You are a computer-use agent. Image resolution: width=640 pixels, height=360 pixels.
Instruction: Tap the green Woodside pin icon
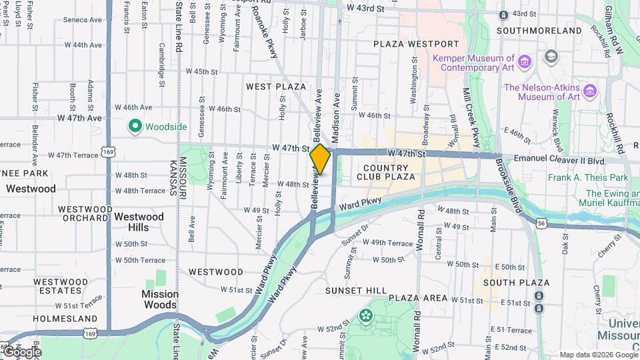134,126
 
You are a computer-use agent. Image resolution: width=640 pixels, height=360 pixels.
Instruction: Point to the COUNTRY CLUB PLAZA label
386,172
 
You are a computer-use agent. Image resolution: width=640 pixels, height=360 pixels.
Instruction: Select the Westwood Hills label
139,222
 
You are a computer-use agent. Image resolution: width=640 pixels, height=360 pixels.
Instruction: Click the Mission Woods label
160,299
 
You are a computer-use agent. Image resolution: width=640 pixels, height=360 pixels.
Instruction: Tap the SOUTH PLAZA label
517,283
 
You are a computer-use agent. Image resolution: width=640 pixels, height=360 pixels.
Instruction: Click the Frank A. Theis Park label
588,178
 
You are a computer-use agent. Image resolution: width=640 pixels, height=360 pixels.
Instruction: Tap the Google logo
21,351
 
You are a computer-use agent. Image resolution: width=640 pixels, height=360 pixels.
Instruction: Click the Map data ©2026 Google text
599,355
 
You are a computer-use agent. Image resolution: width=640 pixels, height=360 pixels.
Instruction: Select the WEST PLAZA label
275,87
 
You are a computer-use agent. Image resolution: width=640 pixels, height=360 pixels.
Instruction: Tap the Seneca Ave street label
83,19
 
